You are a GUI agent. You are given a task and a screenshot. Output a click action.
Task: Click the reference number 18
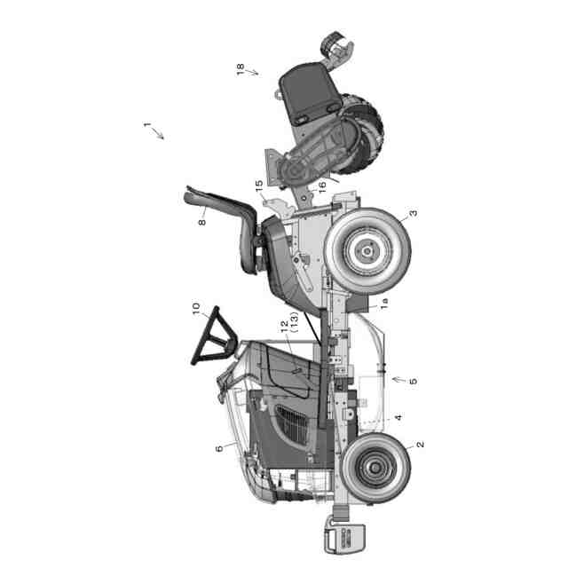click(241, 69)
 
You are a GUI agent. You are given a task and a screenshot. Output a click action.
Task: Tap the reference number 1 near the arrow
click(146, 124)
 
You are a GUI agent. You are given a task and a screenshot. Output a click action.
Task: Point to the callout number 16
click(321, 187)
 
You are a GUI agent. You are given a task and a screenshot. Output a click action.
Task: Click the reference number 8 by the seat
click(202, 222)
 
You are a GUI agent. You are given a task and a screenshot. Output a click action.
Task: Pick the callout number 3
click(413, 213)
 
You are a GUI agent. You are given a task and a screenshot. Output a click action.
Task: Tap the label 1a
click(384, 304)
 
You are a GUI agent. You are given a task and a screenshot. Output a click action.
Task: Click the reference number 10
click(195, 309)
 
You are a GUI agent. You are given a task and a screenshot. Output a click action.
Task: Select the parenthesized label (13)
click(294, 322)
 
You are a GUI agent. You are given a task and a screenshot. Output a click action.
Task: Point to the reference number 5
click(413, 381)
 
